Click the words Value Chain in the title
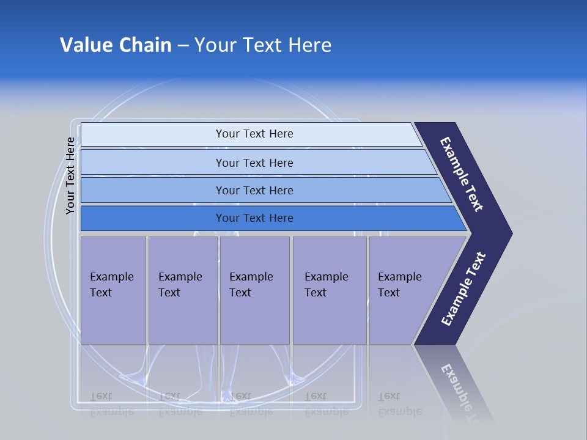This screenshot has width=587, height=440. [116, 45]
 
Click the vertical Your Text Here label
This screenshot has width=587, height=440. [70, 175]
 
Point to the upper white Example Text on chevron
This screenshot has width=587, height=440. [462, 174]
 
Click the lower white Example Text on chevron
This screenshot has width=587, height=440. [463, 289]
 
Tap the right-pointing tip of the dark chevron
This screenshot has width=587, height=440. [508, 233]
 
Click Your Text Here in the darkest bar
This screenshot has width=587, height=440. [254, 218]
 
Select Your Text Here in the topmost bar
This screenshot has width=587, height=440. [254, 134]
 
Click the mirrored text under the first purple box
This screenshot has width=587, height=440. [111, 403]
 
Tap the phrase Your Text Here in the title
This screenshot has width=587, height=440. [263, 45]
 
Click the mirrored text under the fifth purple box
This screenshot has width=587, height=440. [399, 403]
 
